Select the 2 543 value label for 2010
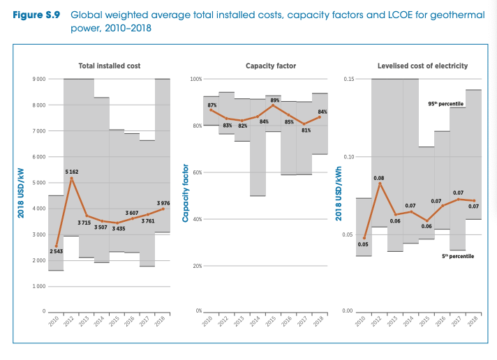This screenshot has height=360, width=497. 56,250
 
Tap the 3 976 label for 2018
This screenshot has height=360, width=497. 163,202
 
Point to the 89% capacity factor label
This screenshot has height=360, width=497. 275,100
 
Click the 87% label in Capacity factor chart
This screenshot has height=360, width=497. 212,104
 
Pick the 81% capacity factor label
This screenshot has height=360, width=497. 306,130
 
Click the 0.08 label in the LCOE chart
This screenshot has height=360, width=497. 379,178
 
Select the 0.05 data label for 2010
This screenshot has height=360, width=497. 363,244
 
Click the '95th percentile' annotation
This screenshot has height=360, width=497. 446,103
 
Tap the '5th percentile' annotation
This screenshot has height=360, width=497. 458,257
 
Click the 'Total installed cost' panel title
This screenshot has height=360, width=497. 110,66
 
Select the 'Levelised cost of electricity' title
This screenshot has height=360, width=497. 422,66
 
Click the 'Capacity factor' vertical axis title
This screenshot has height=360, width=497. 186,193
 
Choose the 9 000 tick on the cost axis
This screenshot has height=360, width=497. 38,79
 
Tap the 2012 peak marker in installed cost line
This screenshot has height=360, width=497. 71,179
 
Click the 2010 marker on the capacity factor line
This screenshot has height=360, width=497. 211,110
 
